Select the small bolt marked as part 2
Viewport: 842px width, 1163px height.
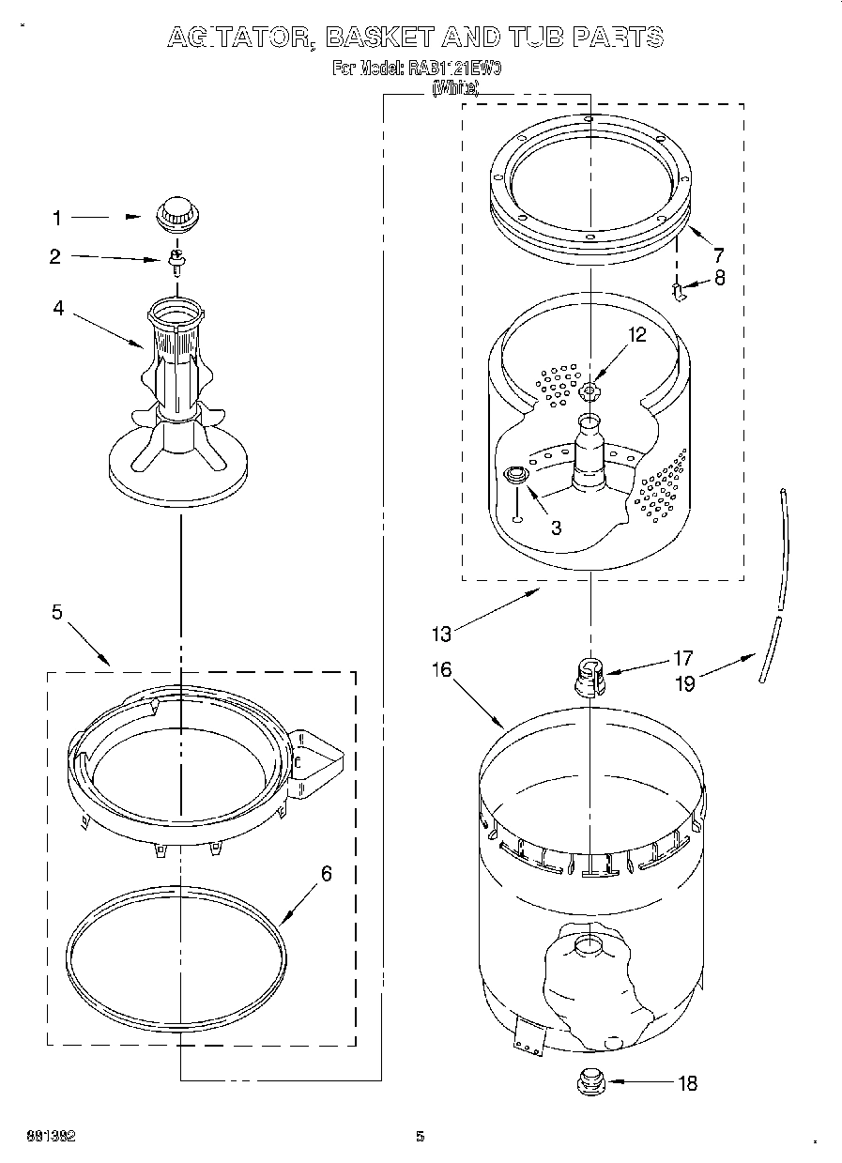coord(175,259)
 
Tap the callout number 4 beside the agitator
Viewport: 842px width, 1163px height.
coord(58,307)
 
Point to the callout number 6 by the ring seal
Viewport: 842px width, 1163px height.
coord(326,874)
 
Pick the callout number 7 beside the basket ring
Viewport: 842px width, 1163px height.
coord(718,253)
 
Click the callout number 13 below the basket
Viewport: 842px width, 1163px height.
coord(441,634)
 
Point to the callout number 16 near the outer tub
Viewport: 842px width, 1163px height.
coord(441,669)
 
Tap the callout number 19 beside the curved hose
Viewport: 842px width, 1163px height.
coord(685,683)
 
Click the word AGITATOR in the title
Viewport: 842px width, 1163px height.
coord(239,38)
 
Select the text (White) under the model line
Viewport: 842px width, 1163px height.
coord(455,88)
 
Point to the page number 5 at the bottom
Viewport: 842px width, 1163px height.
coord(421,1137)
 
